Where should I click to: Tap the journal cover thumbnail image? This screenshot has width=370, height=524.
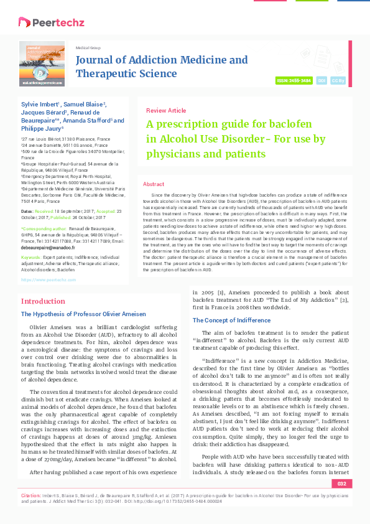[42, 63]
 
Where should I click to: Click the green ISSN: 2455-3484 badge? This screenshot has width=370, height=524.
[294, 81]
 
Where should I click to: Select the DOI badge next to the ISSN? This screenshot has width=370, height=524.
[321, 81]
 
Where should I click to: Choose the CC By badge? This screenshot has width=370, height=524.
[338, 81]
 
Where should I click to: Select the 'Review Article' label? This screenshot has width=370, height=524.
[165, 110]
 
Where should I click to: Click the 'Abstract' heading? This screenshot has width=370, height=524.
[154, 184]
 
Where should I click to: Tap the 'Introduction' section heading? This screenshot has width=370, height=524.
[43, 301]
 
